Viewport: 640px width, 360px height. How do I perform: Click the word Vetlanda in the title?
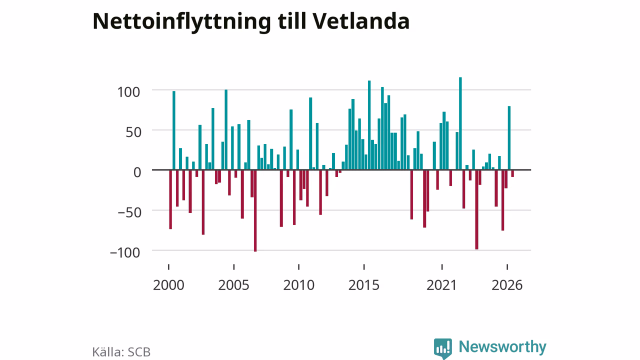(361, 21)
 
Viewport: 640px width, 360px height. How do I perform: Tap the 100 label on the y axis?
(128, 92)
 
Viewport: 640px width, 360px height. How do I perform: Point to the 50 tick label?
(133, 132)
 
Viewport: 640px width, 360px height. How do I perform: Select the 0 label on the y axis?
(137, 172)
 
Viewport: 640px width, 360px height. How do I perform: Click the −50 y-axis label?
(129, 212)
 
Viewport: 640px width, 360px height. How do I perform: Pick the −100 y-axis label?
(125, 252)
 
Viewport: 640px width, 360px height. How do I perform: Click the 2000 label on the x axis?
(168, 285)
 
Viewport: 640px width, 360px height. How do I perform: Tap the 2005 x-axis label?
(233, 285)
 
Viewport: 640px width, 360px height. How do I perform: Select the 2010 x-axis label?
(299, 285)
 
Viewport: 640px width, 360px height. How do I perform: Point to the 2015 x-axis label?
(364, 285)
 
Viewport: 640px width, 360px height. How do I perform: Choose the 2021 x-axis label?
(442, 285)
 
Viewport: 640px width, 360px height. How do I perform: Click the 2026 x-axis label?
(507, 285)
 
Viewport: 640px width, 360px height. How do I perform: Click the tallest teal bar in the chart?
(460, 123)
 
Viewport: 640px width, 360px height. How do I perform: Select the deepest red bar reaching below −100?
(255, 211)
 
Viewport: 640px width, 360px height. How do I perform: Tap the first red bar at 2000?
(170, 199)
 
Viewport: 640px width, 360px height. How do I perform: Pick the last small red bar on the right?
(512, 173)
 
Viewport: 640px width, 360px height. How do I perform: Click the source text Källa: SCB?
(121, 352)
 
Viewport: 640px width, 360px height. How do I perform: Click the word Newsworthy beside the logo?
(502, 347)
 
